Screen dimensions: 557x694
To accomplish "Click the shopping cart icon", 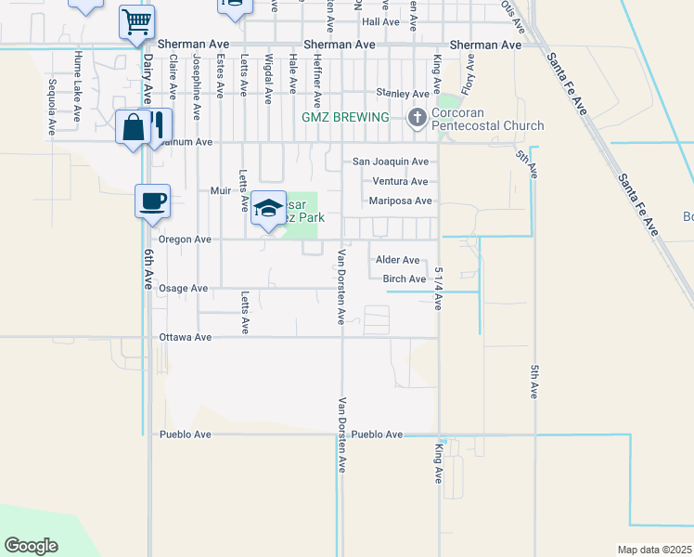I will click(x=136, y=20).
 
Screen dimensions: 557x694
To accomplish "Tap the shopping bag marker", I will click(x=134, y=127).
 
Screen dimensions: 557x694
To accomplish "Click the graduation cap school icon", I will click(x=267, y=208).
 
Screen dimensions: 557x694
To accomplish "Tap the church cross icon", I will click(x=417, y=118).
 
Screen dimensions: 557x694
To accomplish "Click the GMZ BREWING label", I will click(x=346, y=118).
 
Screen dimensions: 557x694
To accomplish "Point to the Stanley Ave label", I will click(x=402, y=93).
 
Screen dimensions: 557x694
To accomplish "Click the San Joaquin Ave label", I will click(x=391, y=162).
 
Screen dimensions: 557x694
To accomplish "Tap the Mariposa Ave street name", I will click(x=401, y=201).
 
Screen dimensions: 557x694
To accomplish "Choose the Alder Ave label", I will click(x=397, y=260).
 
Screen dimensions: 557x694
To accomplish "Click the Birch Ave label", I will click(x=404, y=278).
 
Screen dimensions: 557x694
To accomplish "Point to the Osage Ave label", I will click(x=183, y=288).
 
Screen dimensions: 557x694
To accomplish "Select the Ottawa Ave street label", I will click(x=186, y=337).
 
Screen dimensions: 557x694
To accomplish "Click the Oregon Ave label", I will click(x=185, y=239).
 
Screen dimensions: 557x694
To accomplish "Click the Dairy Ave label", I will click(x=148, y=78).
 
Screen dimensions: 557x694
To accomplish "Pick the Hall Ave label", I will click(x=381, y=20).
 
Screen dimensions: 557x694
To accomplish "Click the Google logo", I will click(x=31, y=545).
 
